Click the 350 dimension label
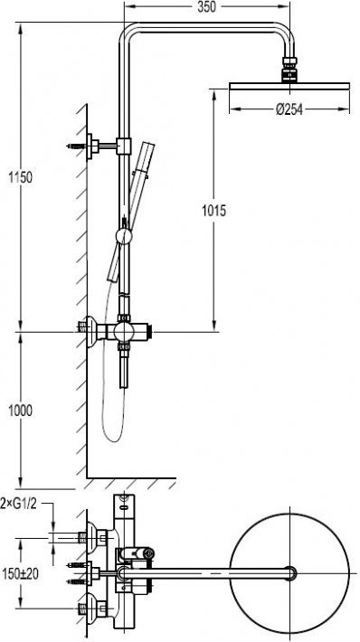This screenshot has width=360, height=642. (x=206, y=7)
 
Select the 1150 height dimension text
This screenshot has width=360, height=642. (x=21, y=178)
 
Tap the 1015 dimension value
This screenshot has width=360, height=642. (x=213, y=211)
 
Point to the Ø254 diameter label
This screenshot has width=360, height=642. (x=289, y=109)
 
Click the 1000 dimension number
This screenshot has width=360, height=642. (x=21, y=411)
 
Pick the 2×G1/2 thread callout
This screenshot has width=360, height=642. (x=19, y=504)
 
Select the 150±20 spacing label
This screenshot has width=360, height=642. (x=21, y=573)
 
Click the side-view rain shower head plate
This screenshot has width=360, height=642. (x=289, y=86)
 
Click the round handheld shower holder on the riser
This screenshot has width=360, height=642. (x=123, y=236)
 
